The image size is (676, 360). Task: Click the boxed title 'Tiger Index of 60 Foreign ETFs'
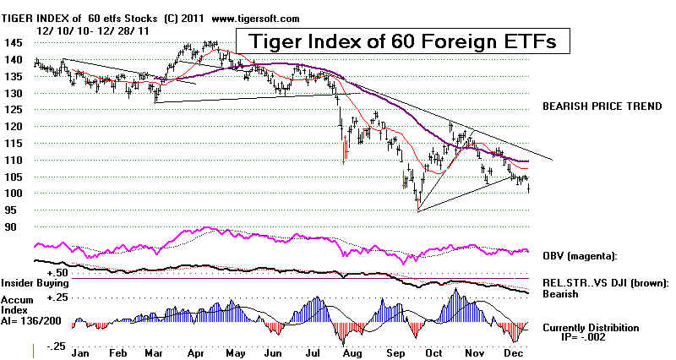403,41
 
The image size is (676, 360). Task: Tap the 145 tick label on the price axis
13,43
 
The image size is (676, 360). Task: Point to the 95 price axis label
11,210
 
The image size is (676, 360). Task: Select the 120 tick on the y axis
13,126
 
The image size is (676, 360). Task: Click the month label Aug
352,353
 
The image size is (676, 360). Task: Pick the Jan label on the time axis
80,353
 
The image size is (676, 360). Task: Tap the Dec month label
514,353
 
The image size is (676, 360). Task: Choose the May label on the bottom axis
236,353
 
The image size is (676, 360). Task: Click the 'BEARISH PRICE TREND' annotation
602,106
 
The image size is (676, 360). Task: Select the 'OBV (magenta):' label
580,257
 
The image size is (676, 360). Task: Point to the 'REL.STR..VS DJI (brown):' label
605,283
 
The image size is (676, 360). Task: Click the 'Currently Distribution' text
591,328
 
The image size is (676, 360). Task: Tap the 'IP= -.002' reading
583,337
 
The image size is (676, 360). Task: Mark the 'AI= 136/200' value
31,321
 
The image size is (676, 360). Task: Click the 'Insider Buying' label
35,283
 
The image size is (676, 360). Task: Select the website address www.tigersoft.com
256,19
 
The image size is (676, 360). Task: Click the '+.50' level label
57,273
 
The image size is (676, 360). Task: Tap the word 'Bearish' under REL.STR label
560,294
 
